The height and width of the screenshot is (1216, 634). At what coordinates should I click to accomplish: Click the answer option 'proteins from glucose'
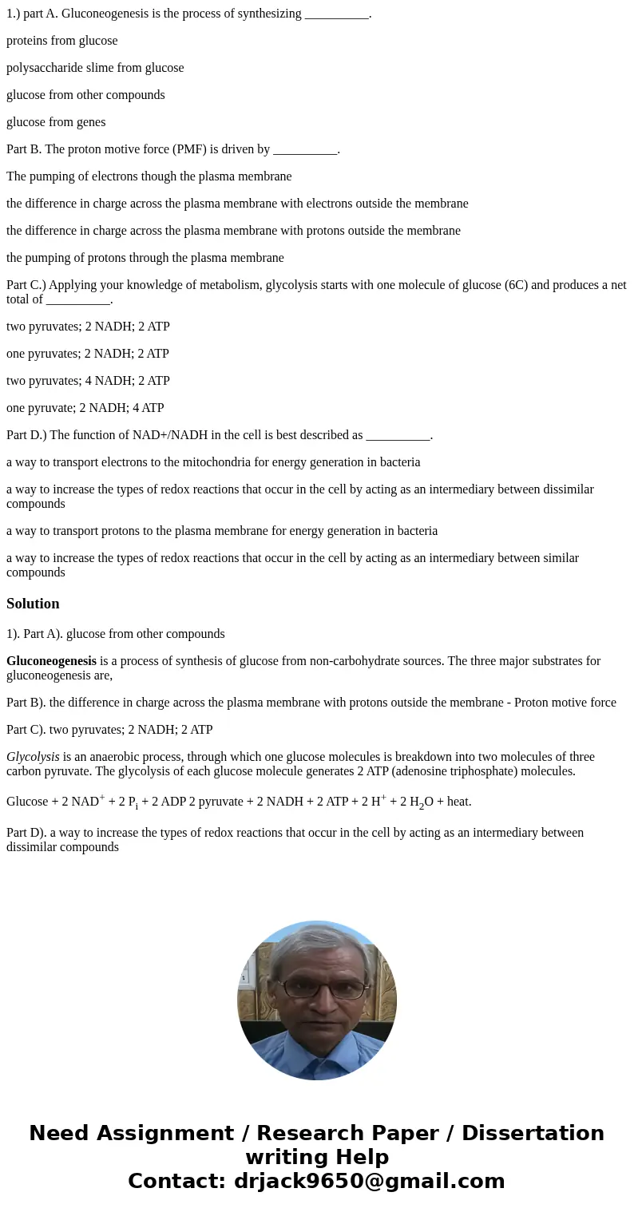pyautogui.click(x=61, y=41)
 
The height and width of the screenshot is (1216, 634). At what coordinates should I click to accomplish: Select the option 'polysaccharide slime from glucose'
pyautogui.click(x=95, y=68)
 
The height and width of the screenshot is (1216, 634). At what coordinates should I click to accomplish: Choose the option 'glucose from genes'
pyautogui.click(x=56, y=122)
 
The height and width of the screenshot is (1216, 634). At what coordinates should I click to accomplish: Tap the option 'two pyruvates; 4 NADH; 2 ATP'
pyautogui.click(x=88, y=381)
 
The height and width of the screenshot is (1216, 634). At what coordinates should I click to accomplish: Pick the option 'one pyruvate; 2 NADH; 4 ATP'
pyautogui.click(x=85, y=408)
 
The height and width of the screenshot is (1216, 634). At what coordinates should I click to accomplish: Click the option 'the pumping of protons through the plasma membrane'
pyautogui.click(x=145, y=258)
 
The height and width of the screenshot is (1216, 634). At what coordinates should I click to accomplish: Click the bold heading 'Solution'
pyautogui.click(x=33, y=604)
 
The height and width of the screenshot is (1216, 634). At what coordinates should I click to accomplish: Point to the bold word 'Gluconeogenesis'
pyautogui.click(x=51, y=661)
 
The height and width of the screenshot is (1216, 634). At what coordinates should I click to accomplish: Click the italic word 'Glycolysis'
pyautogui.click(x=33, y=757)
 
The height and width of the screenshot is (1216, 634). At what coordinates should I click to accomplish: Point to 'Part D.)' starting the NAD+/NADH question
pyautogui.click(x=28, y=435)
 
